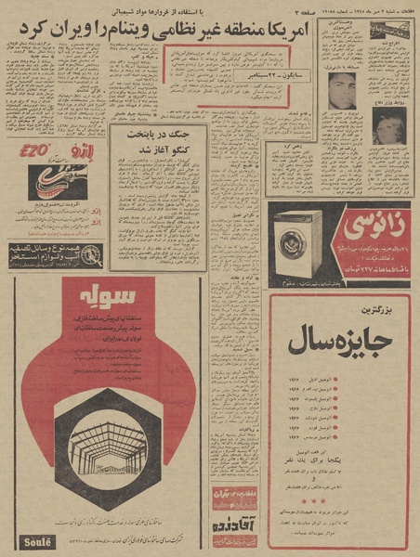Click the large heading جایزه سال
[339, 340]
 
